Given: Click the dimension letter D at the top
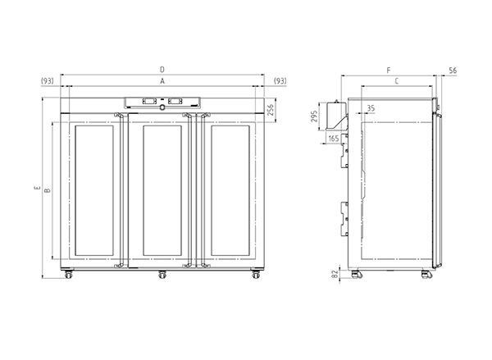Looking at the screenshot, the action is click(162, 70).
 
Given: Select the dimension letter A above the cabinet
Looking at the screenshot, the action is click(162, 81).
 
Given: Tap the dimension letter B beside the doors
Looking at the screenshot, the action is click(48, 190).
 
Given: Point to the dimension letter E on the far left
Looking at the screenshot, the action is click(38, 188).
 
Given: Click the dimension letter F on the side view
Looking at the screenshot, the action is click(389, 71).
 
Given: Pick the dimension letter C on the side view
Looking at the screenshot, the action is click(397, 81).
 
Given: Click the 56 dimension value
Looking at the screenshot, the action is click(453, 71).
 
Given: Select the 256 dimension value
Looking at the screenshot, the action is click(271, 110).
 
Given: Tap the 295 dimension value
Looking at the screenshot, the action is click(314, 116).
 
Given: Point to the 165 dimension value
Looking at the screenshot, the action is click(334, 139).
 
